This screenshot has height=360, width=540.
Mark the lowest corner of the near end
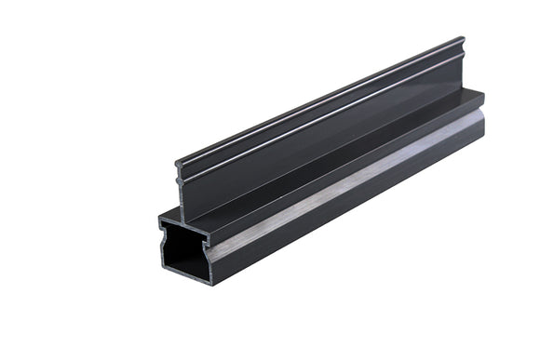tap(211, 284)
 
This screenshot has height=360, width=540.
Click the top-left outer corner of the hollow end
tap(159, 221)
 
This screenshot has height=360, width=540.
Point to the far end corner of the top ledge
tap(484, 92)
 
